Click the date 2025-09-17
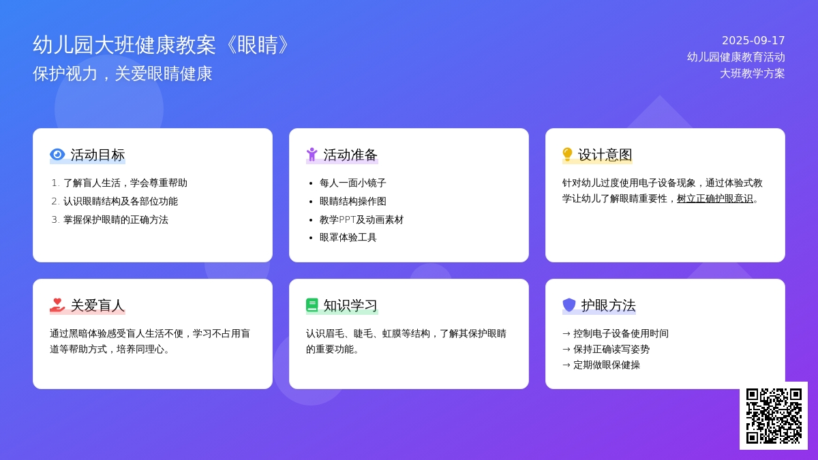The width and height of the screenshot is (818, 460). [x=753, y=40]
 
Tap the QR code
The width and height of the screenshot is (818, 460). [x=774, y=416]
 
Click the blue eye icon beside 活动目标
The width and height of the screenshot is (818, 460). [x=57, y=155]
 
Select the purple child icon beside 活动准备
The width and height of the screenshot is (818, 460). [x=312, y=155]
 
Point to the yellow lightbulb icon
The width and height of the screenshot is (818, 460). [x=567, y=154]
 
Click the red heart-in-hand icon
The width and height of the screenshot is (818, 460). [x=57, y=305]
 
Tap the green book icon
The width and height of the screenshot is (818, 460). [x=312, y=305]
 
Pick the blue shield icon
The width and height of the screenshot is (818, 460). [x=569, y=305]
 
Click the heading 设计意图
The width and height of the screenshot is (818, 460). [x=605, y=155]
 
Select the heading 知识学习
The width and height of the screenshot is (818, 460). [x=350, y=305]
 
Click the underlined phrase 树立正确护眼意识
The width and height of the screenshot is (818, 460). [x=715, y=198]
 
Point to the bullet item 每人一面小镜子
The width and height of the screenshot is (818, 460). [x=353, y=183]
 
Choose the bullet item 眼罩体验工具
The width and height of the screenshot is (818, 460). [x=348, y=237]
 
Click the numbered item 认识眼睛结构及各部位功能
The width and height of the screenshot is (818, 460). [x=121, y=201]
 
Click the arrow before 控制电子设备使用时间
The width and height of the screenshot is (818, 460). [x=566, y=334]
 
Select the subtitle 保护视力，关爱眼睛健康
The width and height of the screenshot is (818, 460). [x=122, y=74]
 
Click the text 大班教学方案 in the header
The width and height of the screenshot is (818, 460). [x=753, y=74]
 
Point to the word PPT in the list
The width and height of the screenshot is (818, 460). [x=347, y=219]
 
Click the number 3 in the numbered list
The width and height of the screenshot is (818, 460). [x=55, y=219]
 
